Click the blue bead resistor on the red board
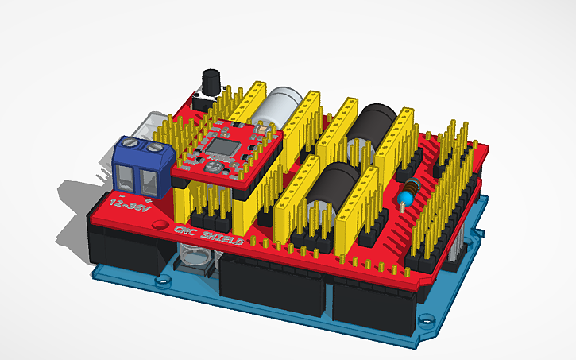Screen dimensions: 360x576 408,193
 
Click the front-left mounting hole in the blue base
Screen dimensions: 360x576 165,281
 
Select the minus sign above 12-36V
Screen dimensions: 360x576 121,192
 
